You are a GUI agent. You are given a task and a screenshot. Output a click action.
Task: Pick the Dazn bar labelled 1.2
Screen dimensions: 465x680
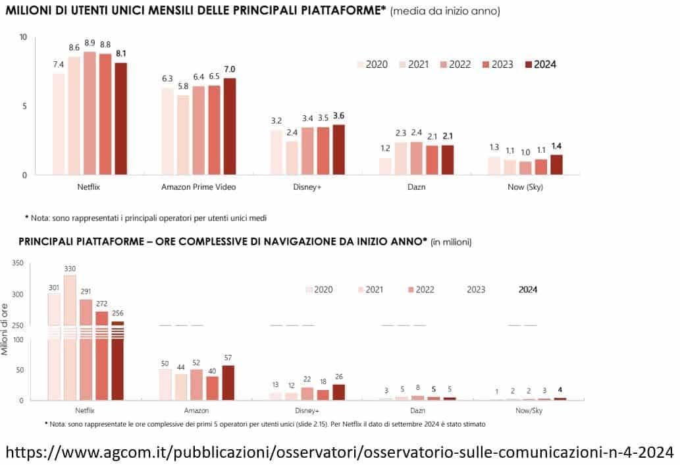(385, 167)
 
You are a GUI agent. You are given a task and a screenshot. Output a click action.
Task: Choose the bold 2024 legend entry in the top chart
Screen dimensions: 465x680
(539, 65)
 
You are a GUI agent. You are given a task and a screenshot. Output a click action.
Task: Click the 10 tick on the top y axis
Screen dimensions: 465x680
(23, 37)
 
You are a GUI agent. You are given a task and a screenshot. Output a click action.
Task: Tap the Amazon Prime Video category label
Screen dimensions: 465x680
(198, 187)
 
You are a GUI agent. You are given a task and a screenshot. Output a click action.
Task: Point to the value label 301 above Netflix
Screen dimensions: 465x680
(54, 287)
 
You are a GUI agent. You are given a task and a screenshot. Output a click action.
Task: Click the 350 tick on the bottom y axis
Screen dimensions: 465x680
(18, 263)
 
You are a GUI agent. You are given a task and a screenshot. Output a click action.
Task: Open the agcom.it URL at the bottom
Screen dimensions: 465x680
(340, 452)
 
